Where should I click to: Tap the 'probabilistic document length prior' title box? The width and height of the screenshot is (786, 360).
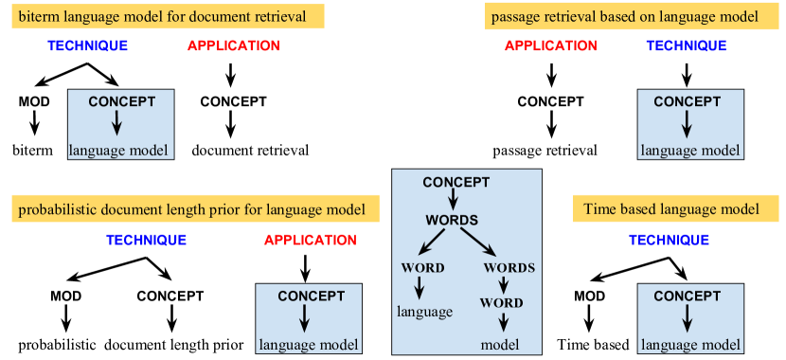point(196,209)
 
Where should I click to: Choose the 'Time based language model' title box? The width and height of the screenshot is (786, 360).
point(670,209)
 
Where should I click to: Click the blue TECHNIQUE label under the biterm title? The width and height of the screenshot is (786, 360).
point(88,46)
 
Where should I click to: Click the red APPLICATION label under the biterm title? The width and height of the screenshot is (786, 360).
point(234,46)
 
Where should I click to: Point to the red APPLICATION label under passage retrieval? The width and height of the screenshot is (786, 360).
point(551,46)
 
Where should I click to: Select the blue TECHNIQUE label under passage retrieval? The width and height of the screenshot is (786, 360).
point(687,46)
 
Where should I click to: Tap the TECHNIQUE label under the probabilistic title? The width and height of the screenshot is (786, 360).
point(147,241)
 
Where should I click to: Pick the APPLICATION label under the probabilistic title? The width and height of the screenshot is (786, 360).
point(311,241)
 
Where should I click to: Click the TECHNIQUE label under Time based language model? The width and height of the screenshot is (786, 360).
point(670,241)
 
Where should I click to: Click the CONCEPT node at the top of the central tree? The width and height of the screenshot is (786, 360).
point(456,182)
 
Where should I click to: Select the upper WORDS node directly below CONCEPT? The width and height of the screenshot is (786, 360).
point(451,220)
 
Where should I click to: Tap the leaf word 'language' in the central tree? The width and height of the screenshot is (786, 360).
point(424,311)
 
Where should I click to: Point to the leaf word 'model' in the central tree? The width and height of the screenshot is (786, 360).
point(500,344)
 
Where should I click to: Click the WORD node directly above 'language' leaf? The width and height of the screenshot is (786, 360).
point(422,268)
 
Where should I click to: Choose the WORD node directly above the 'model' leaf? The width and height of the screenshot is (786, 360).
point(501,303)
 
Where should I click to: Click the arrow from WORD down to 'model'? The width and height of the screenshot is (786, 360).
point(504,322)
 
